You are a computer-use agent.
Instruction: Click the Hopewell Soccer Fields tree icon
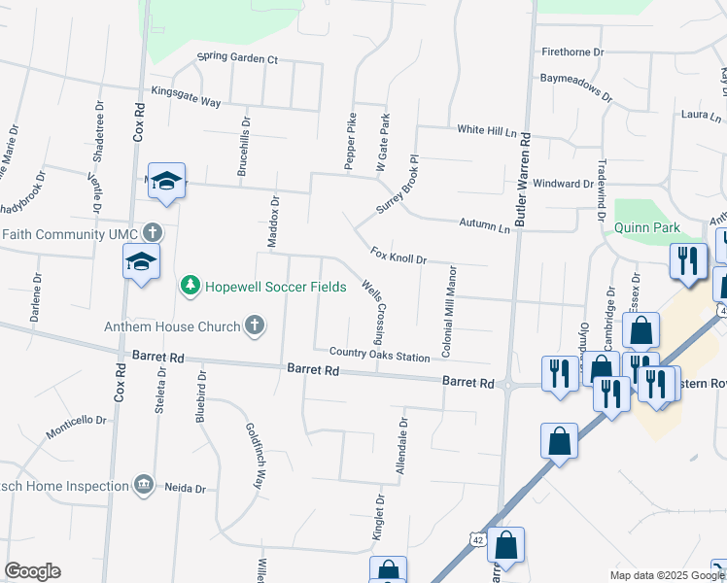(x=190, y=286)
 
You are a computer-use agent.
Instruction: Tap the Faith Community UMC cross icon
(x=152, y=233)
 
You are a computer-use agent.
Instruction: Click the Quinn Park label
(x=646, y=228)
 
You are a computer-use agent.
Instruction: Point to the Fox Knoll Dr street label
(x=398, y=256)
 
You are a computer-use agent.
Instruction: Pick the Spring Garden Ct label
(x=237, y=58)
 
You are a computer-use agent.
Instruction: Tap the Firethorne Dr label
(x=572, y=51)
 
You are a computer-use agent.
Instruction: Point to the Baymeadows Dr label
(x=576, y=88)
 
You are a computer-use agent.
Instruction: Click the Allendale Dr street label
(x=400, y=446)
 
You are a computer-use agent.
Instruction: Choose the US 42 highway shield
(x=475, y=538)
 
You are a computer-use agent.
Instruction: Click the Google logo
(x=32, y=570)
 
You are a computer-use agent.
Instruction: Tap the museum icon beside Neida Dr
(x=144, y=483)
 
